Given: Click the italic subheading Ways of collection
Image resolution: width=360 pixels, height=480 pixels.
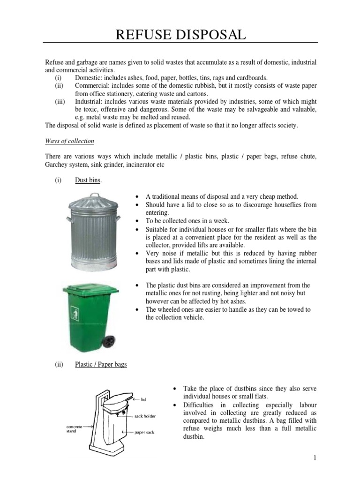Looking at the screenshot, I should (x=69, y=141).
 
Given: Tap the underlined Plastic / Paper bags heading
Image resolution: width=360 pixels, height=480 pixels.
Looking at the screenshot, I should (x=101, y=364).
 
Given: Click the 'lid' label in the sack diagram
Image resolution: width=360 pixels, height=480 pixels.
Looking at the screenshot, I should (x=144, y=399).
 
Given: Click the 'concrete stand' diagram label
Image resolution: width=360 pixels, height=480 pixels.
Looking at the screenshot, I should (x=75, y=428).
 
